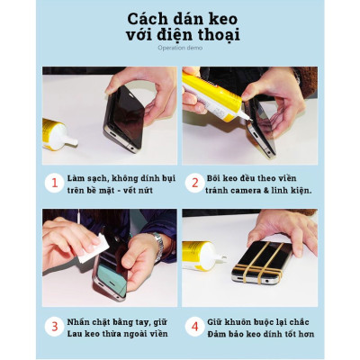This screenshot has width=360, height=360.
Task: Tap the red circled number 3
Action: pos(54,325)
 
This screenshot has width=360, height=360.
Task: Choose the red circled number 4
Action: pos(193,325)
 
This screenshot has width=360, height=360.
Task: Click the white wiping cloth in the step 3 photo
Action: pos(94,247)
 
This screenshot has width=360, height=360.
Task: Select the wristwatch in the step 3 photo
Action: pos(158,245)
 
